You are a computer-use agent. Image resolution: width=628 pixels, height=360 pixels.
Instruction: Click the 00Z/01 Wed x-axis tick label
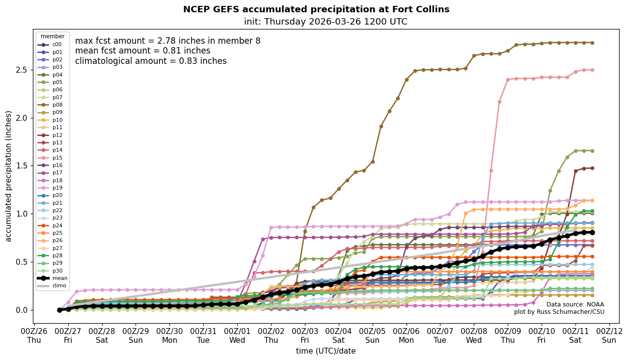[237, 336]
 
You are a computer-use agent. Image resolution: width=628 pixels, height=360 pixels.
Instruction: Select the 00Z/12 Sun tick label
[609, 336]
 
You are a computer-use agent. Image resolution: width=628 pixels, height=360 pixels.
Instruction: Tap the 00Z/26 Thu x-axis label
[34, 336]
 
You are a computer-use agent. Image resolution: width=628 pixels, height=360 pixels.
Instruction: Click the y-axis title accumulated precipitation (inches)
[9, 176]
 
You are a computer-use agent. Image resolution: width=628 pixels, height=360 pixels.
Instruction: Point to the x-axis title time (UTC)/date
[326, 351]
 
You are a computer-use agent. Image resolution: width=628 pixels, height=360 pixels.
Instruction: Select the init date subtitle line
[326, 22]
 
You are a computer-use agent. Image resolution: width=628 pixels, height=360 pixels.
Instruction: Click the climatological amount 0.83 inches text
[151, 61]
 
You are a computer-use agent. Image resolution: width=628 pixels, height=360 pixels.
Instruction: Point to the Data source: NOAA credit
[575, 305]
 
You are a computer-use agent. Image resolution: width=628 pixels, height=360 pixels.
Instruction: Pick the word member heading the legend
[53, 36]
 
